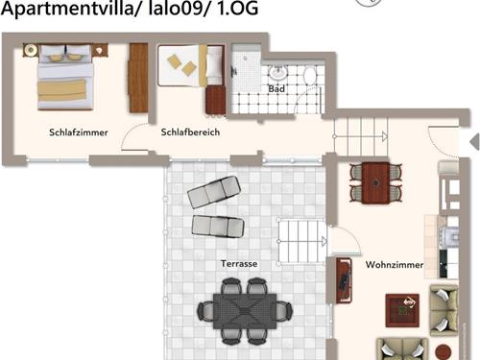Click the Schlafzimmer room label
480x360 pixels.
(x=79, y=132)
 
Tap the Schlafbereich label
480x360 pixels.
(x=191, y=132)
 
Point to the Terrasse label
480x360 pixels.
(x=238, y=263)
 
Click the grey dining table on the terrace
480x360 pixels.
(x=244, y=309)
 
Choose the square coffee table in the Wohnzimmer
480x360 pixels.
(x=404, y=309)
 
